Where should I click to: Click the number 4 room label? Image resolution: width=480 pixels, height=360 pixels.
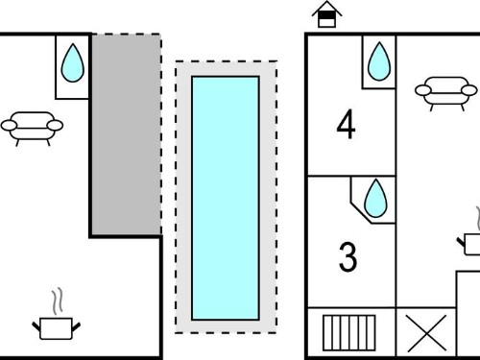click(346, 124)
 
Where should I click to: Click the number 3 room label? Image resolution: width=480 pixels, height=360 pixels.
click(348, 257)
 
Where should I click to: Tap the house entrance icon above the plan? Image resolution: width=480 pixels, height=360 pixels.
click(326, 14)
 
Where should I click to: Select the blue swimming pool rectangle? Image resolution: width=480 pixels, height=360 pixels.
click(226, 198)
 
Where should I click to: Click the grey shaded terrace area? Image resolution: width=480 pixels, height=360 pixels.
click(127, 134)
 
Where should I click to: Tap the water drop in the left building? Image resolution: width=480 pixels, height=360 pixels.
click(73, 62)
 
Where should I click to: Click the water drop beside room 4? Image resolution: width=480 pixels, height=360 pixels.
click(379, 61)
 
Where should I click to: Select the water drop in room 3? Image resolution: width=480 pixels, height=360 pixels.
click(375, 198)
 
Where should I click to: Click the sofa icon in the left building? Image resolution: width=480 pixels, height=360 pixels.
click(32, 128)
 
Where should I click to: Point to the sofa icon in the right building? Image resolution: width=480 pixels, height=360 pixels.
click(446, 93)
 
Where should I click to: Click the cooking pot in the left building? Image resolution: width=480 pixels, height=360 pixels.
click(56, 328)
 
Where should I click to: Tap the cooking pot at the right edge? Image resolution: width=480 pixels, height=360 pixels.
click(469, 244)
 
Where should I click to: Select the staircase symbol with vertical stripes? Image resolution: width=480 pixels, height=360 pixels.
click(349, 333)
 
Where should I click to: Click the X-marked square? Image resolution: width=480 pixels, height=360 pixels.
click(426, 333)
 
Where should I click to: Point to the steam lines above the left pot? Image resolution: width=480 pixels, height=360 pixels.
click(58, 301)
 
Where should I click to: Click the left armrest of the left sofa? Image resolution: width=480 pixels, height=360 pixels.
click(9, 126)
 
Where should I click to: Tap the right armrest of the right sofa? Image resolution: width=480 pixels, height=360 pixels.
click(469, 90)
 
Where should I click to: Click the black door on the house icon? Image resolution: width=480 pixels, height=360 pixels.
click(326, 16)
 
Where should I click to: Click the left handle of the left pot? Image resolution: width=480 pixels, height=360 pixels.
click(36, 326)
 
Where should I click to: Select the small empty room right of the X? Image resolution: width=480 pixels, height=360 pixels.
click(468, 314)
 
